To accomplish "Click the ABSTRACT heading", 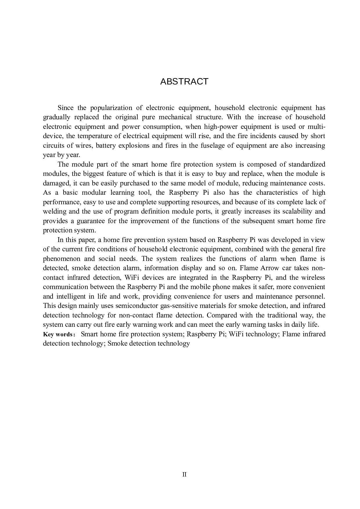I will (184, 82).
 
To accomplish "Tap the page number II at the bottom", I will (184, 474).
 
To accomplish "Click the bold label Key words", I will (59, 334).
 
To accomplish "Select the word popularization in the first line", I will (111, 108).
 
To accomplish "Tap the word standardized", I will (307, 164).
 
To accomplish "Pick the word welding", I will (54, 212).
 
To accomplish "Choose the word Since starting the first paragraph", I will (65, 108).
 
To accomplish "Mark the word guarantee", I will (91, 221).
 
